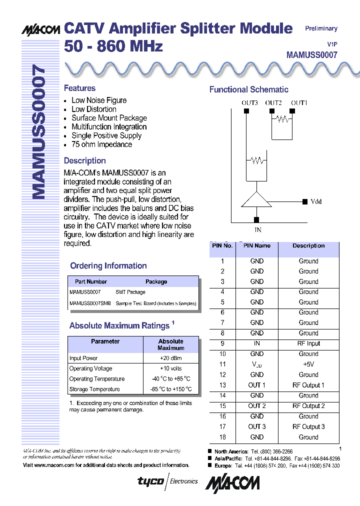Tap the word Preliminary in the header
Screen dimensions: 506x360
coord(321,28)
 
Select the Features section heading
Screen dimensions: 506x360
coord(79,88)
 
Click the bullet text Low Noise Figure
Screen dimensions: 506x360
coord(99,100)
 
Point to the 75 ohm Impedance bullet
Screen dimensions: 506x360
coord(101,144)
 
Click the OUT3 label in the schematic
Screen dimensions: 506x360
coord(249,102)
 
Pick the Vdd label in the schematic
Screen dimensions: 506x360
coord(316,201)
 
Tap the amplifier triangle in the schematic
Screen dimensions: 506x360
coord(256,199)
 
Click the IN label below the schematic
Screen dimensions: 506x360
coord(258,230)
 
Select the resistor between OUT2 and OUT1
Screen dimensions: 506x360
coord(283,119)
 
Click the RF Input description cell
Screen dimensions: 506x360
coord(308,343)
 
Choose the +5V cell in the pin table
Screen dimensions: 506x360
coord(308,364)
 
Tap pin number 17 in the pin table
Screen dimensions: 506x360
coord(222,426)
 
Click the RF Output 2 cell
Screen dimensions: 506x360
coord(308,406)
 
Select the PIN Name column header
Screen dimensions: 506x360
coord(256,246)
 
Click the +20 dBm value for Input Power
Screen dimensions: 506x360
coord(170,358)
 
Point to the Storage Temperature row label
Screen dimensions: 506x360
coord(94,389)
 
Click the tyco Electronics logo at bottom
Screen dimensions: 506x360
coord(167,481)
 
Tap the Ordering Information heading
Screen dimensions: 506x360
coord(108,266)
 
